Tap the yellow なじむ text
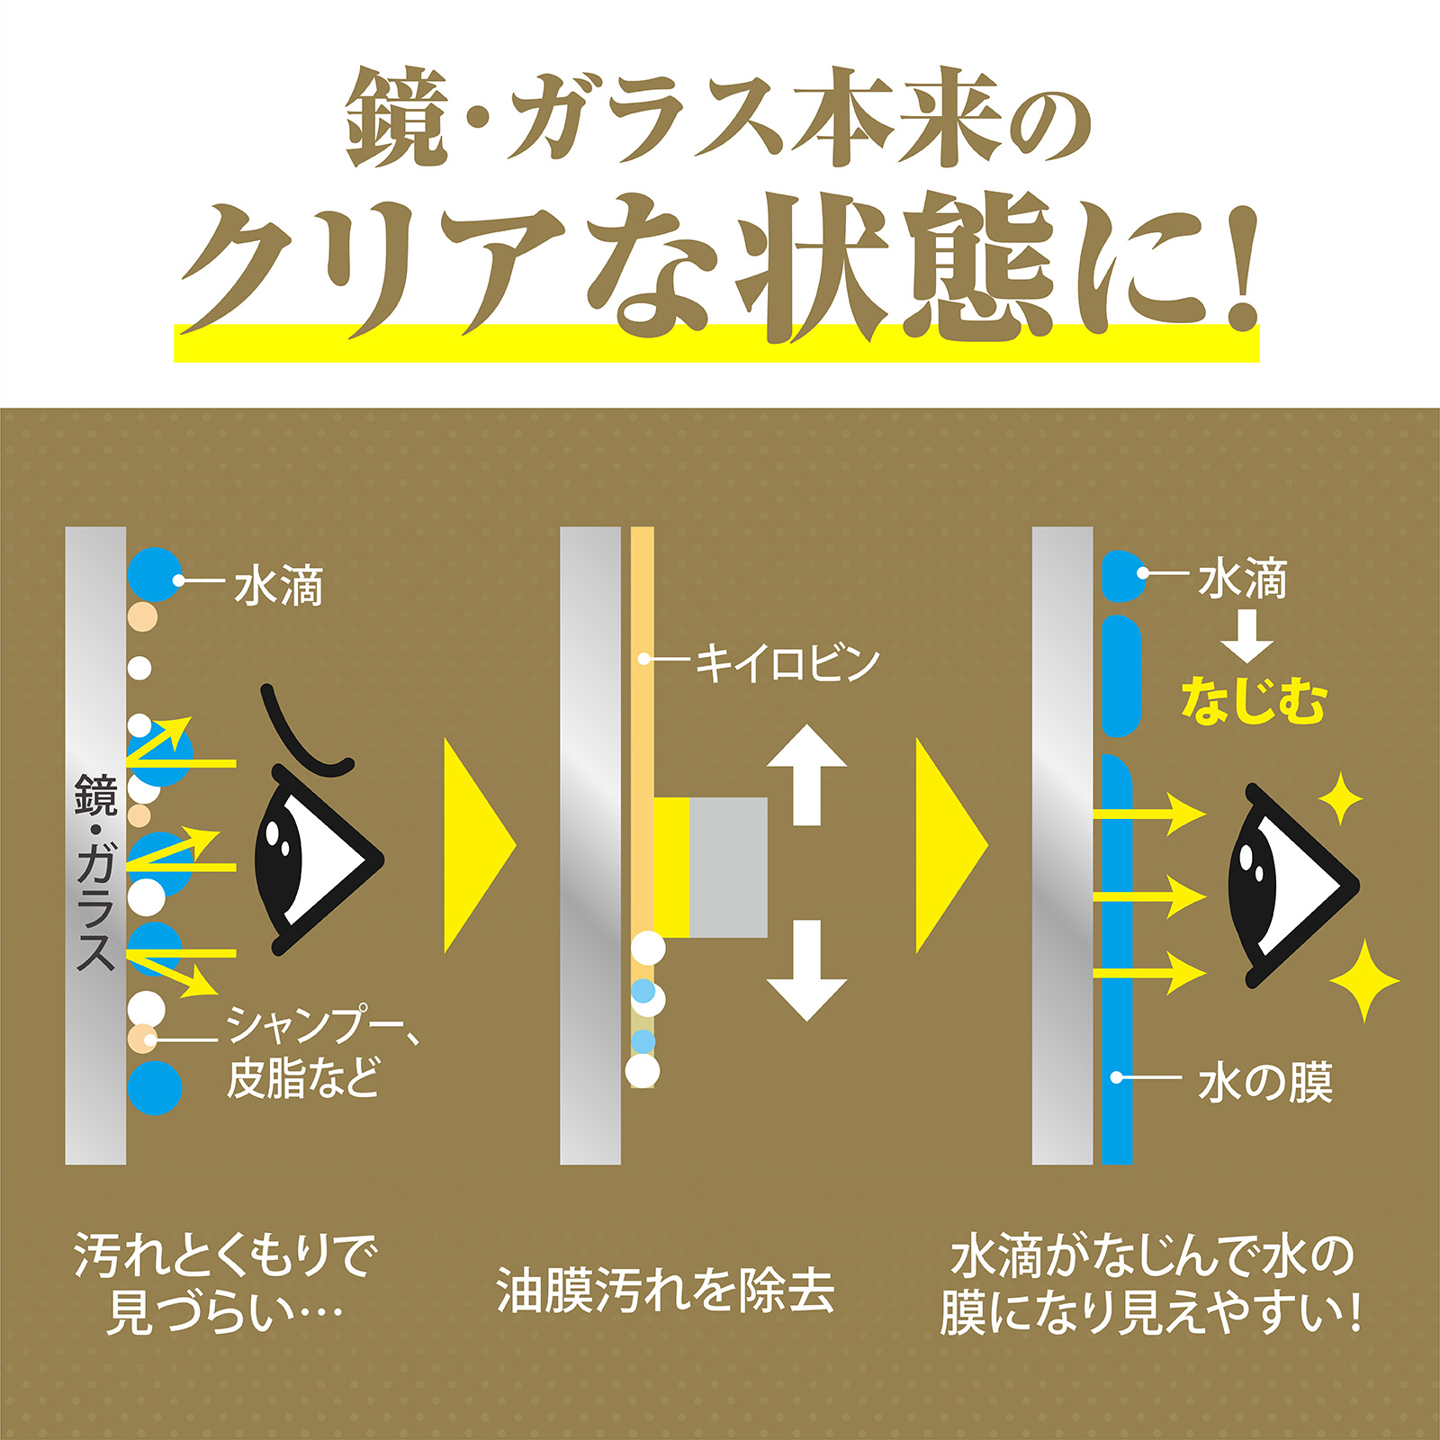[1253, 701]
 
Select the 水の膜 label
[1264, 1083]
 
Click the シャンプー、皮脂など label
[322, 1050]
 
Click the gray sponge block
[728, 867]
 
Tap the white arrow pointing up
[806, 775]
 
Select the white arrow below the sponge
[806, 970]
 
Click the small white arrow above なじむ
[1246, 636]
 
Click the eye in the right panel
[1292, 883]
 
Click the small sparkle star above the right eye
[1340, 798]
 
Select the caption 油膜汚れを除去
[666, 1289]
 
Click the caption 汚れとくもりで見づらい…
[225, 1284]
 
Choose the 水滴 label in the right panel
[1243, 579]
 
